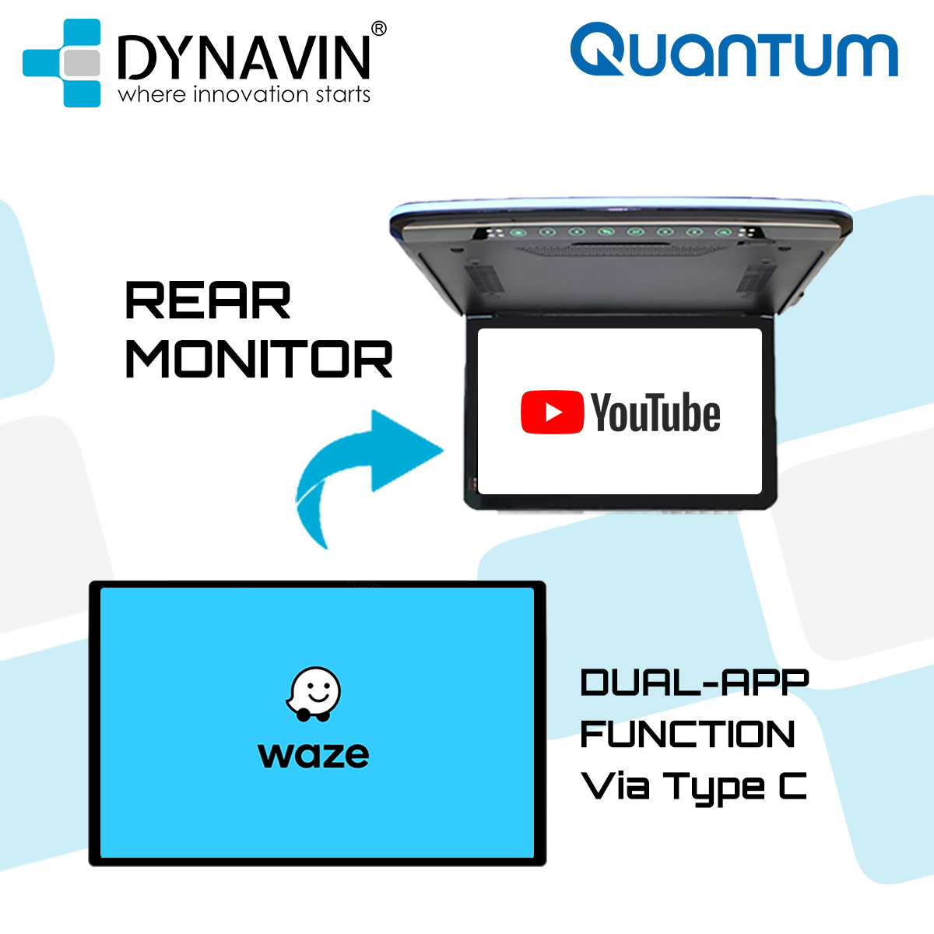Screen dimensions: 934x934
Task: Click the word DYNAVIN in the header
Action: (x=244, y=57)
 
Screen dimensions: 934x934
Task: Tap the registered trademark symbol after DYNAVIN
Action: (x=378, y=29)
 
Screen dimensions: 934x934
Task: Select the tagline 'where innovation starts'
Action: (x=244, y=95)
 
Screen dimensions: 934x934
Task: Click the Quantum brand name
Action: (x=734, y=51)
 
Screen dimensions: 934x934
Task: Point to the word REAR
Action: (x=208, y=301)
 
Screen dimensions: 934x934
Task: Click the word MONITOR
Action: (x=258, y=360)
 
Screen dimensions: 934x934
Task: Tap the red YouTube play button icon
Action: (x=552, y=413)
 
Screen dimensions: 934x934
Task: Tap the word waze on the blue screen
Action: (x=314, y=755)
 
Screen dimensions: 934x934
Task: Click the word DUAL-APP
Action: (x=694, y=683)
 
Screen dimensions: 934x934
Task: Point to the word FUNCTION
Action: (x=688, y=734)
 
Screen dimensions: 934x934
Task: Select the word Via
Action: (x=615, y=786)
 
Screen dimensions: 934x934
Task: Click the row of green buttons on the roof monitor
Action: (x=634, y=231)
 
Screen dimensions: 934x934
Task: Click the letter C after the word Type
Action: (x=792, y=786)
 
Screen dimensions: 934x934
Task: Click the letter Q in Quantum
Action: (x=598, y=51)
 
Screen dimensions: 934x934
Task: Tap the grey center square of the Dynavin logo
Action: (x=81, y=63)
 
